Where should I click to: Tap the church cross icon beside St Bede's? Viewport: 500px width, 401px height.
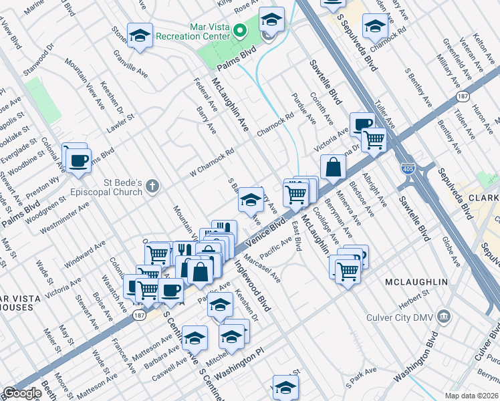(152, 186)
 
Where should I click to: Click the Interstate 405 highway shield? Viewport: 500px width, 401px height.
(407, 168)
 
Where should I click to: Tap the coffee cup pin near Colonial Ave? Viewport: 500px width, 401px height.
(78, 160)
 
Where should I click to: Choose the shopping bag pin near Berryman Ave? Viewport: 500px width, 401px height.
(333, 167)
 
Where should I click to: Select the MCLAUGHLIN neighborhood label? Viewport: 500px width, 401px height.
(416, 283)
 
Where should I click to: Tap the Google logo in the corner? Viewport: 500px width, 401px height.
(22, 393)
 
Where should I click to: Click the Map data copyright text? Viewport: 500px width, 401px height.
(472, 396)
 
